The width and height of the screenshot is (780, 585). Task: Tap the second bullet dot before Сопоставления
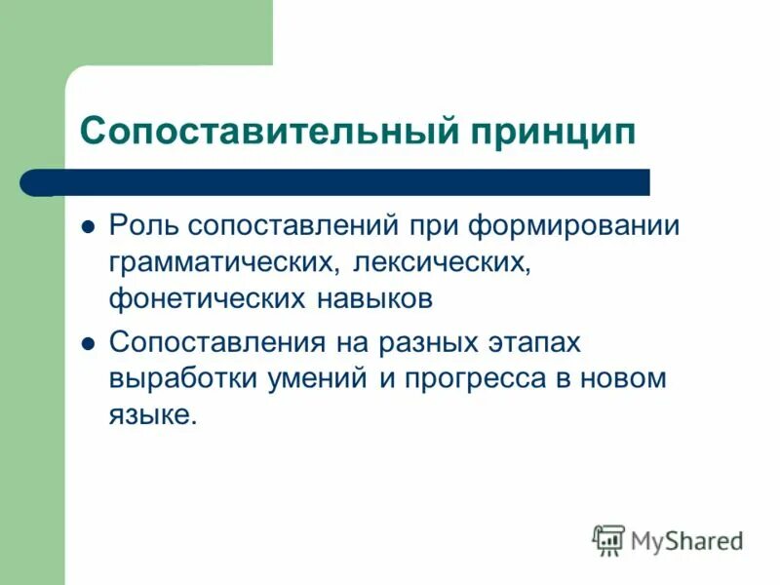coord(88,343)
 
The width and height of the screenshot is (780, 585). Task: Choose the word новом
coord(623,378)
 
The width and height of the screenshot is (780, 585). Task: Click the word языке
coord(153,416)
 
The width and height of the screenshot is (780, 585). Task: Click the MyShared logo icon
coord(609,539)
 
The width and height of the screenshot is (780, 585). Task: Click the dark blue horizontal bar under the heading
coord(351,182)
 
